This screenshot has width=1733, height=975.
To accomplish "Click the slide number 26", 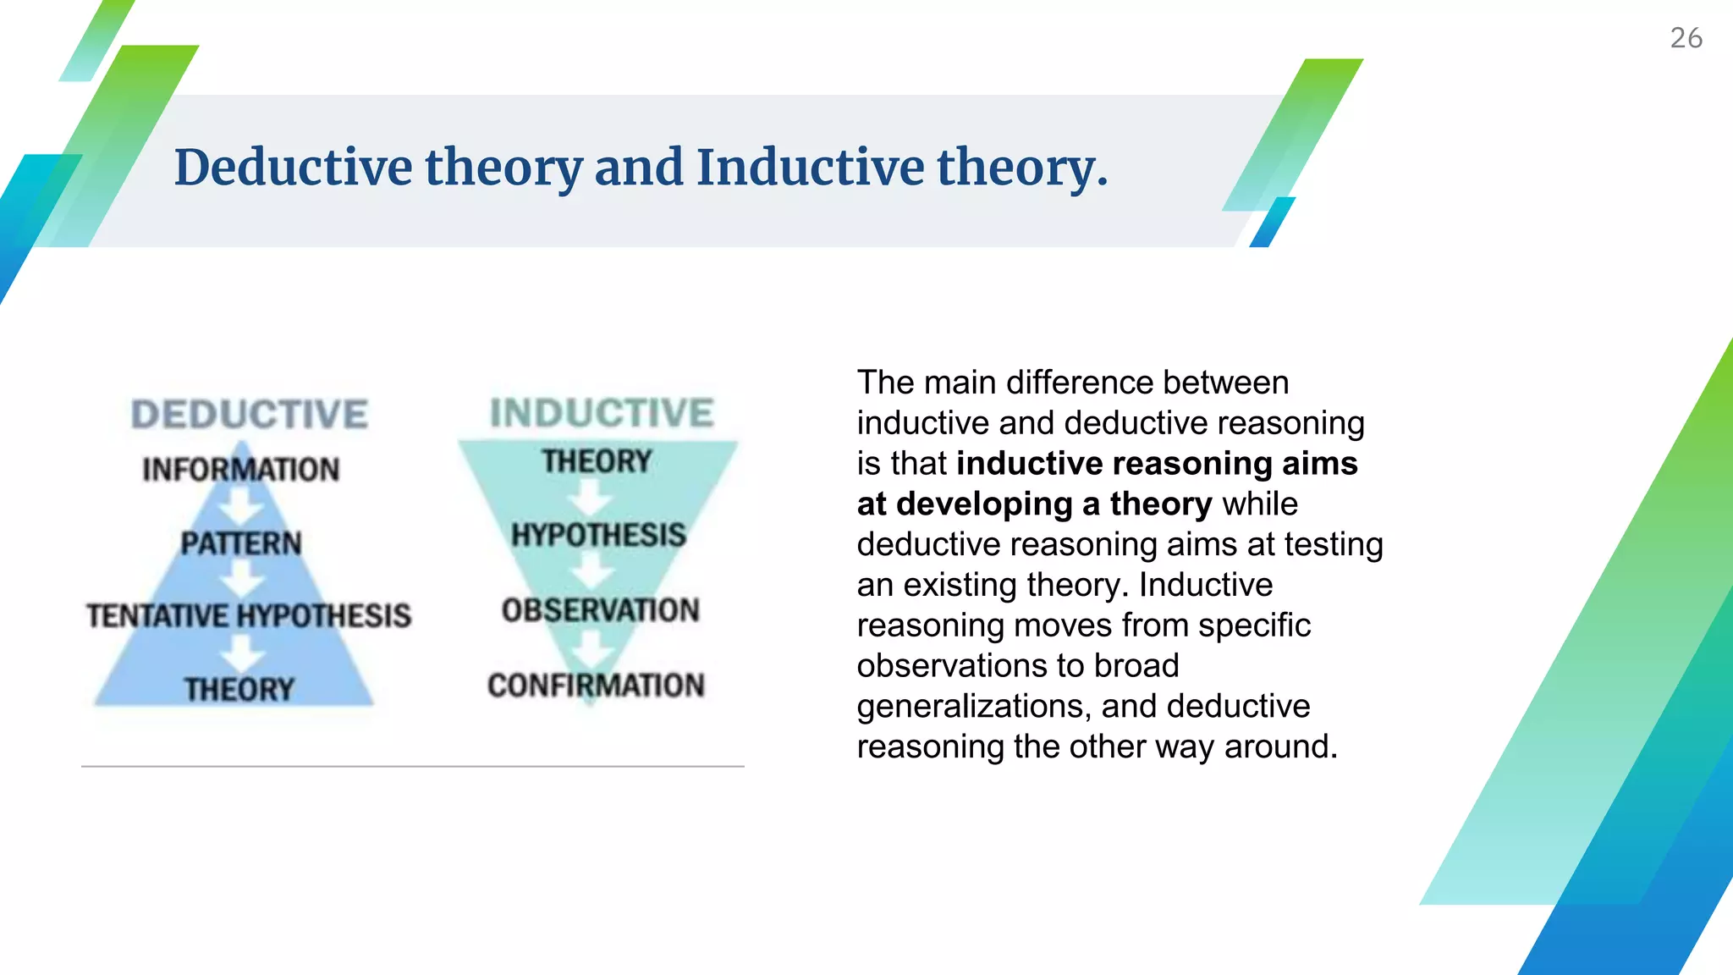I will [1686, 38].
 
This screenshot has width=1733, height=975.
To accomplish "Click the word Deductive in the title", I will [293, 167].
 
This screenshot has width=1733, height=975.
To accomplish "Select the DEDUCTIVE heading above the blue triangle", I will [250, 415].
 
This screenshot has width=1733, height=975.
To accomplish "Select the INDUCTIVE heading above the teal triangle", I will [602, 413].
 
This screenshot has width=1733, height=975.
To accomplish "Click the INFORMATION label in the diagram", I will [241, 469].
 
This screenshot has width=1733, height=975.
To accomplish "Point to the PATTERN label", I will [241, 543].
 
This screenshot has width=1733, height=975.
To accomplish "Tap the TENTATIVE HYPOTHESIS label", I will [249, 615].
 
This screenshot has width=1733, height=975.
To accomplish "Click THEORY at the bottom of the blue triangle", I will [239, 689].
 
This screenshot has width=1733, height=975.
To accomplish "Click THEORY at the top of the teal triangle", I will [597, 461].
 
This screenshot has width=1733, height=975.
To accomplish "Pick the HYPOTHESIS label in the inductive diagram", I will [598, 535].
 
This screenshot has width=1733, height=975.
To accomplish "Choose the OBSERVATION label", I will [600, 609].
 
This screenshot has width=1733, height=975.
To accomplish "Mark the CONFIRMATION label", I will [596, 685].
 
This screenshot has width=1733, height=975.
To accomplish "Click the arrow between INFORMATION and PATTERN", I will [241, 507].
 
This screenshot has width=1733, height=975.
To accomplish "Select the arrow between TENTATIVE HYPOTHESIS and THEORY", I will [243, 653].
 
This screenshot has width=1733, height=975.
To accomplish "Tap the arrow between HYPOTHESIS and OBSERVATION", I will [591, 572].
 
